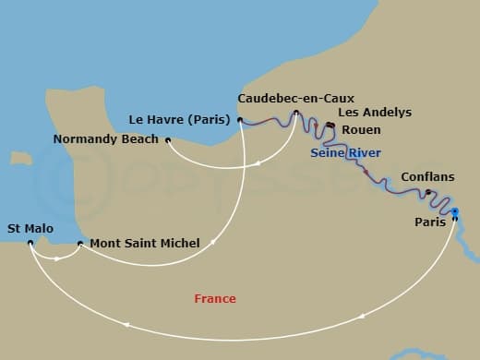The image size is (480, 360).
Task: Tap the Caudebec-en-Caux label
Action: tap(295, 98)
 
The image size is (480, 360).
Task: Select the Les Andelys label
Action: tap(375, 113)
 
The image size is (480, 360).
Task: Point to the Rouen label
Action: tap(361, 130)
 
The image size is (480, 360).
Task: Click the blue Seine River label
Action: tap(345, 152)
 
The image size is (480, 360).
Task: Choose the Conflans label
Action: tap(427, 177)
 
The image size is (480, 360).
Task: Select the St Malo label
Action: tap(30, 227)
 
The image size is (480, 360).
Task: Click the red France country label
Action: tap(215, 298)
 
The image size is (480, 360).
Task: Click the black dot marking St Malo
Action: tap(30, 243)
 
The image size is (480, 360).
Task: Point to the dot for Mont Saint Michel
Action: tap(80, 244)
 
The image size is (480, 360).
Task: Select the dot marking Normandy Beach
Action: tap(168, 140)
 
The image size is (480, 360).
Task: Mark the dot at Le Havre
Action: tap(239, 119)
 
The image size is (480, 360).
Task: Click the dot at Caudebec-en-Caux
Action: tap(295, 114)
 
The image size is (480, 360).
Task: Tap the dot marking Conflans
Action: tap(427, 192)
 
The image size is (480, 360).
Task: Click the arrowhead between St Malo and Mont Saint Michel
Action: tap(59, 258)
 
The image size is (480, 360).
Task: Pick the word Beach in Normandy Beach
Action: tap(138, 140)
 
